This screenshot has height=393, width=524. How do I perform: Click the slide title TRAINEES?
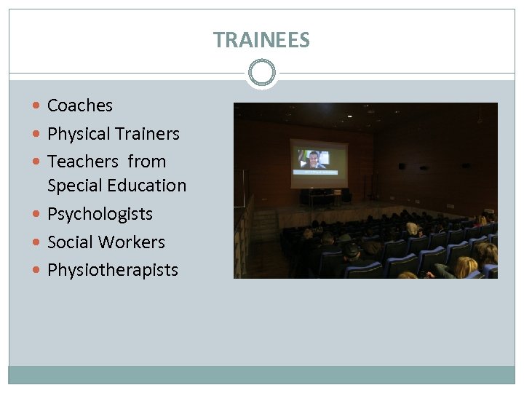pos(261,40)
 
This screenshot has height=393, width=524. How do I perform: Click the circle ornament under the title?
pos(261,73)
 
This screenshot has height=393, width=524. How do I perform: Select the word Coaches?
pos(80,106)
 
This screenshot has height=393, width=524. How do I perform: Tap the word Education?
pos(148,186)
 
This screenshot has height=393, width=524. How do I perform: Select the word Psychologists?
pos(100,214)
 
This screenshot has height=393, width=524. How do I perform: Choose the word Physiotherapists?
pos(113,270)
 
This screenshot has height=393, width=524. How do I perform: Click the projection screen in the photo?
pos(319,163)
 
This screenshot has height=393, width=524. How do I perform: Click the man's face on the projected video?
pos(314,159)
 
